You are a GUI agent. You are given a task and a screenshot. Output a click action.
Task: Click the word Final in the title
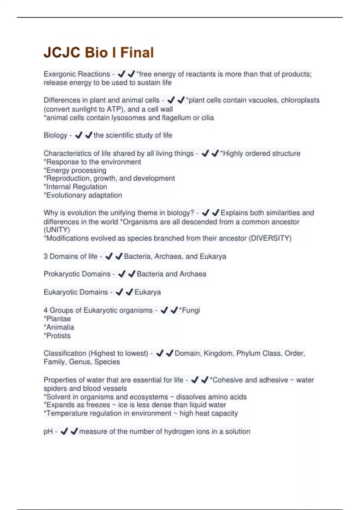pyautogui.click(x=137, y=52)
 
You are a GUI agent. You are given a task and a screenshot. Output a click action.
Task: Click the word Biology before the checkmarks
pyautogui.click(x=55, y=135)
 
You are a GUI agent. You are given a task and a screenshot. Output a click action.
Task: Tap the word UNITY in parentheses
pyautogui.click(x=57, y=230)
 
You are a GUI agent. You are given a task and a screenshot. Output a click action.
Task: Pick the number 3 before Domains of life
pyautogui.click(x=46, y=256)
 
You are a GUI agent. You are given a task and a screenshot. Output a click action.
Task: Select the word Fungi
pyautogui.click(x=191, y=310)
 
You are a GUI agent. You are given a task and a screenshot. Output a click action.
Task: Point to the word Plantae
pyautogui.click(x=58, y=319)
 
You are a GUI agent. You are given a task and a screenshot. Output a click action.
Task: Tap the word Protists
pyautogui.click(x=58, y=336)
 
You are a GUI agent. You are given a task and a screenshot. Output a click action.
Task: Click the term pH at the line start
pyautogui.click(x=48, y=431)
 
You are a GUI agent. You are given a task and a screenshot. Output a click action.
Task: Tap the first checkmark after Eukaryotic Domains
pyautogui.click(x=119, y=292)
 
